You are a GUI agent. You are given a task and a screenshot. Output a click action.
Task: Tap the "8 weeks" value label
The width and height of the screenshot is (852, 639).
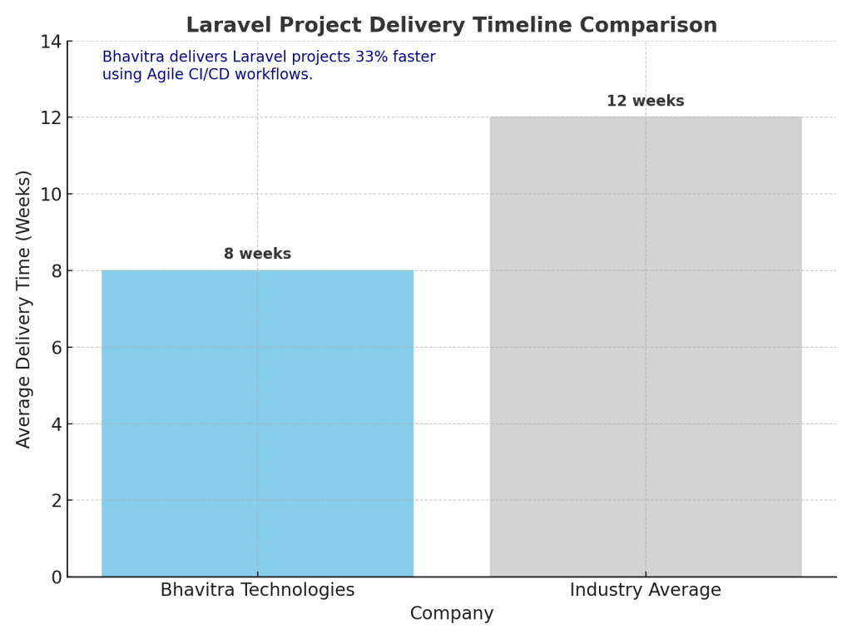click(257, 254)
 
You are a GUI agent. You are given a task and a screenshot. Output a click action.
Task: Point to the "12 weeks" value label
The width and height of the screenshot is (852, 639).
click(645, 102)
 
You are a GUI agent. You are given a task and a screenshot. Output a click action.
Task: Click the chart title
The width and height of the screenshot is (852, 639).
click(451, 26)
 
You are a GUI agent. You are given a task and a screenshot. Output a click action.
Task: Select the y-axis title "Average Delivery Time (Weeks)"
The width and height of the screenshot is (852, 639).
click(24, 309)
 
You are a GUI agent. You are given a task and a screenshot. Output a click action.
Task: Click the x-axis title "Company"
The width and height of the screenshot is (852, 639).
click(452, 614)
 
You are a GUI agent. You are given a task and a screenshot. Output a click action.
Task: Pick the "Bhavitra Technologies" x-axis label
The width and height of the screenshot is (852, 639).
click(257, 591)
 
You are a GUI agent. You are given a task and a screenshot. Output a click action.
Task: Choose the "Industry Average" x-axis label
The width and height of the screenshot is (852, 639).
click(645, 591)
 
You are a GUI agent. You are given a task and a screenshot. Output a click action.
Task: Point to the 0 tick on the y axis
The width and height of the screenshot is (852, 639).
click(57, 577)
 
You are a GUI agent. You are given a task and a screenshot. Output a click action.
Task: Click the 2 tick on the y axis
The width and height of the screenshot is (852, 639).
click(57, 501)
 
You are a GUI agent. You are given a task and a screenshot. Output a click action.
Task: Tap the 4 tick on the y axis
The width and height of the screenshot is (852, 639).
click(57, 424)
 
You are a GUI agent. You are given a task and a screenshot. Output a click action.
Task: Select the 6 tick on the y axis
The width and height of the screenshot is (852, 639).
click(57, 348)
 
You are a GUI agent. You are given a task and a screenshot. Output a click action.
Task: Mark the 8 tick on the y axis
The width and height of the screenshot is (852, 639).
click(57, 271)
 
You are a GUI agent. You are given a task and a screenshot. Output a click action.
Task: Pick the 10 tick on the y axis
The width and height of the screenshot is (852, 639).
click(52, 195)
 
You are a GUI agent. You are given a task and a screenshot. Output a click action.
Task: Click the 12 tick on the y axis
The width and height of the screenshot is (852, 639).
click(52, 118)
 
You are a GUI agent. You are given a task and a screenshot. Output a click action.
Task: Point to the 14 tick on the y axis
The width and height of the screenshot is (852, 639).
click(52, 42)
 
